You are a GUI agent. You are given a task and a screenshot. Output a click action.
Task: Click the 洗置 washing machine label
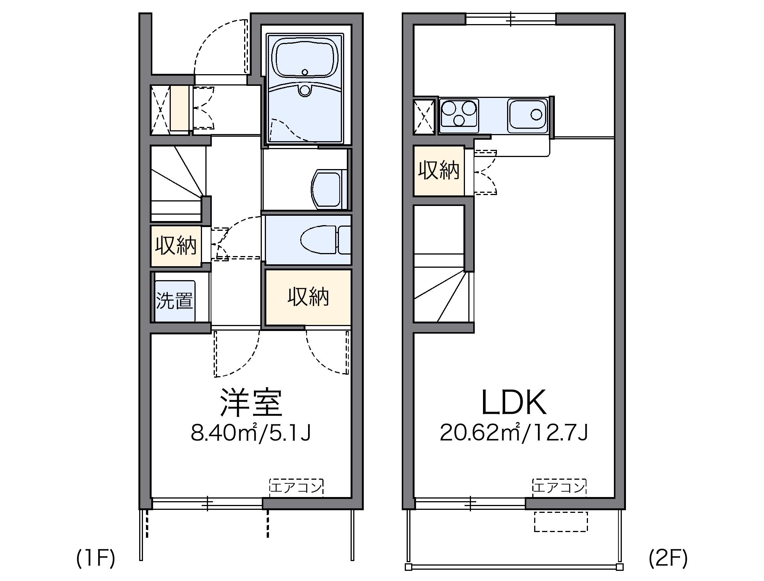pos(175,301)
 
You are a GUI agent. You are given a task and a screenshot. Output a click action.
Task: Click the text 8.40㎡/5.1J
pos(251,433)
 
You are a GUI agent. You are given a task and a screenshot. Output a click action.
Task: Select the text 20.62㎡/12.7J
pos(514,433)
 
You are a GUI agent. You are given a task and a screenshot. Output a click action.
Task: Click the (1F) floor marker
pos(96,558)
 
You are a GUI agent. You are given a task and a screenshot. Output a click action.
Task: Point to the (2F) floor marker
pos(668,558)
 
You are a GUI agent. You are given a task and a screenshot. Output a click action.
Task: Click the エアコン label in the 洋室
pos(296,487)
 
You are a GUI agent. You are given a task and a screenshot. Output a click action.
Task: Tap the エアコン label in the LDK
pos(559,487)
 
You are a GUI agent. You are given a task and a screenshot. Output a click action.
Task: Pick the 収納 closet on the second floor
pos(439,171)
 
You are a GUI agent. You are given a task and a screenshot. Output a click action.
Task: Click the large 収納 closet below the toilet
pos(308,297)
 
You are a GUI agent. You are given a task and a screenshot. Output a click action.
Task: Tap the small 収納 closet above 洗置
pos(176,246)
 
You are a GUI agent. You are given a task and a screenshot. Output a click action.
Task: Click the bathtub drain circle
pos(305,72)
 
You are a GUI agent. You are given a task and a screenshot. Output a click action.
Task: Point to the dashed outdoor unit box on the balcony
pos(560,522)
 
